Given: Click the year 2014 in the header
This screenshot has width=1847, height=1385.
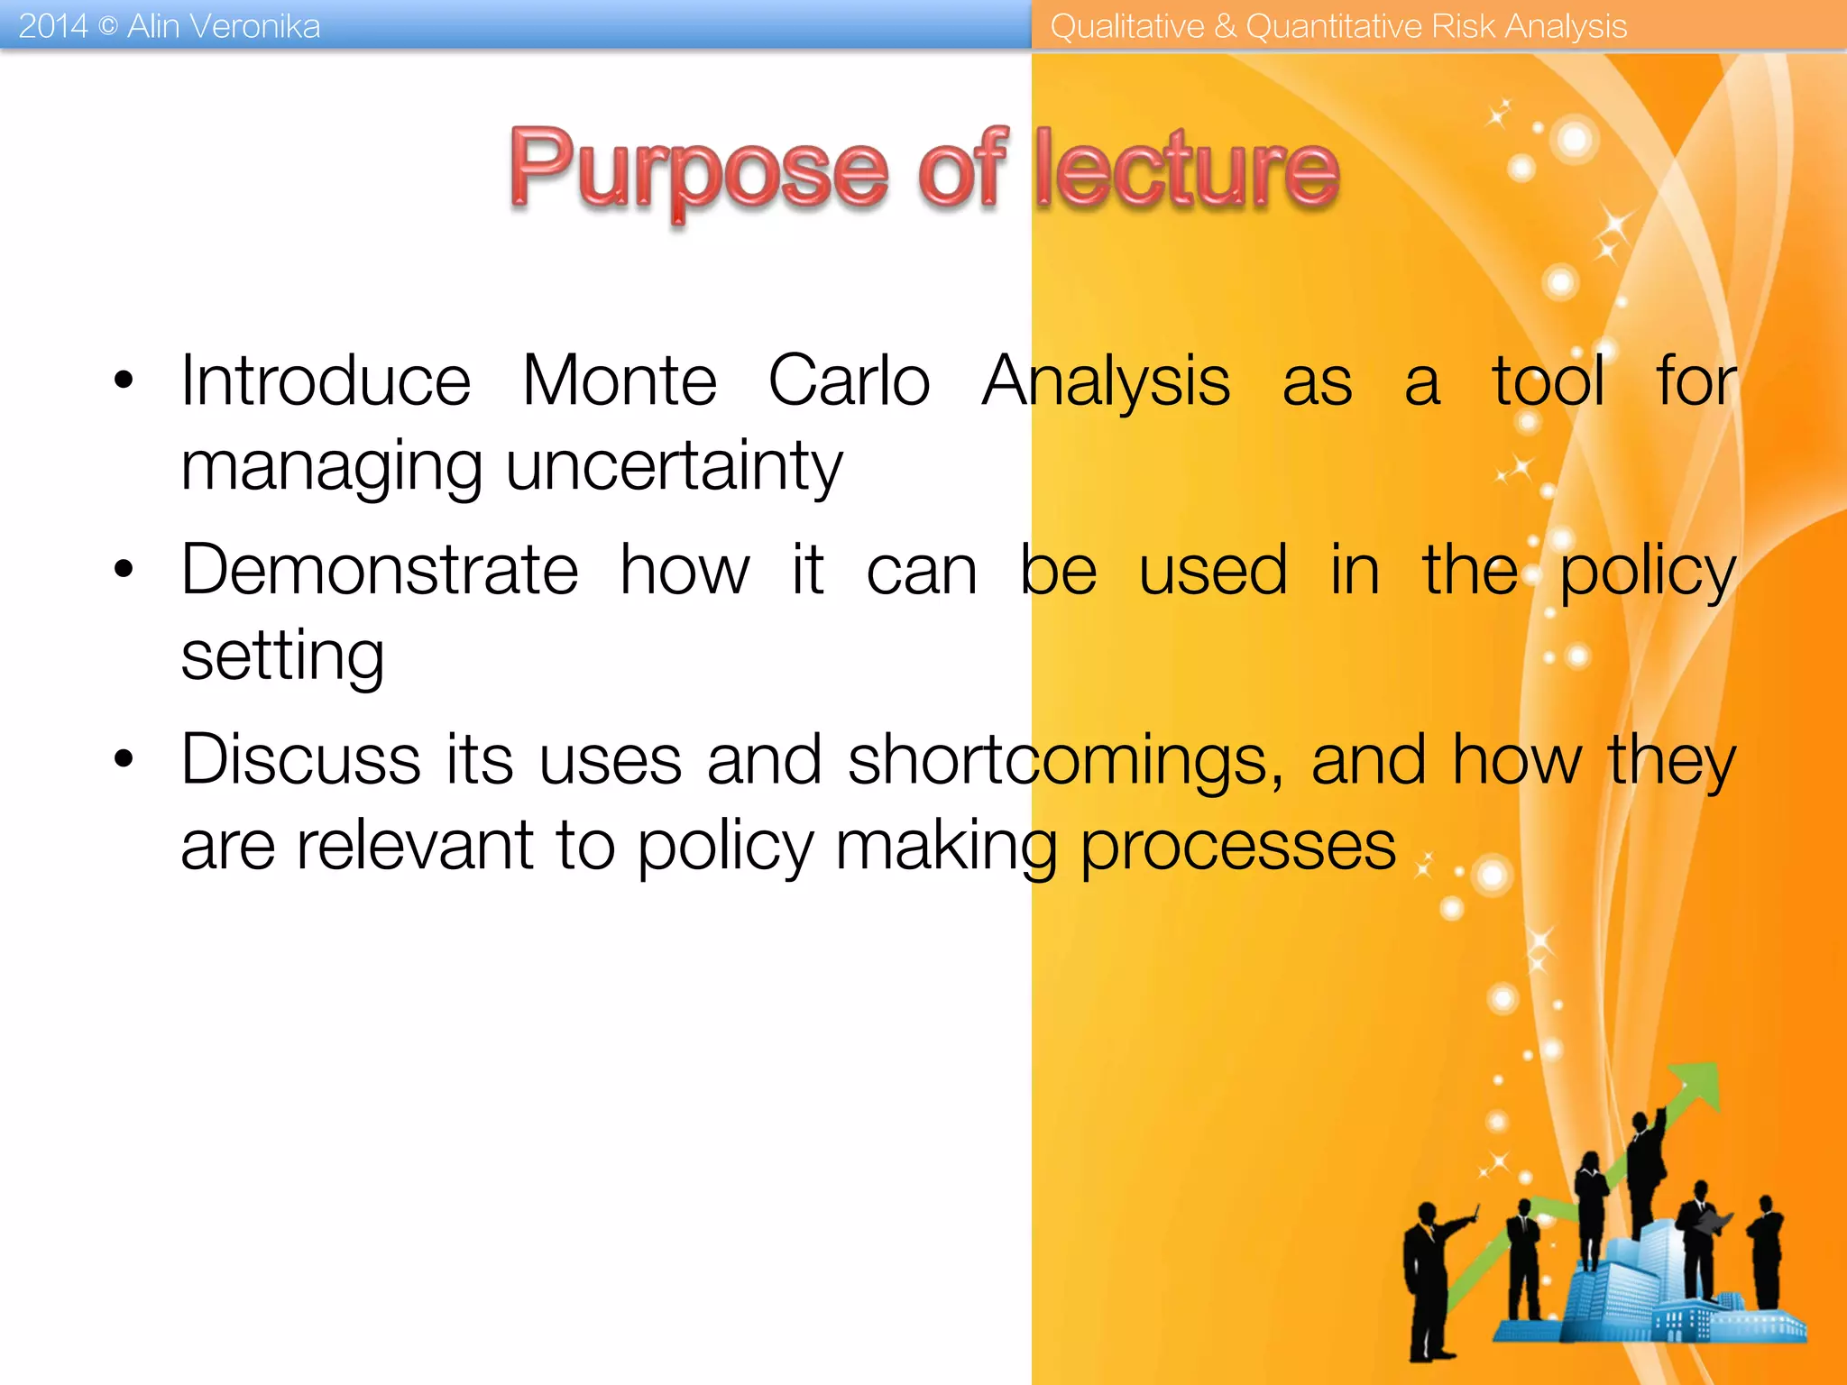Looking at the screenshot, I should coord(52,26).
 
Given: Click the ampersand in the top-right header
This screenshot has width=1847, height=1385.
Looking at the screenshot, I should coord(1225,26).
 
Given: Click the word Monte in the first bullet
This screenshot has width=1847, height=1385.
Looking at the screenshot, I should coord(620,381).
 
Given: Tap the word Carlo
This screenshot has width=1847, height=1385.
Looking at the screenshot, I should coord(849,381).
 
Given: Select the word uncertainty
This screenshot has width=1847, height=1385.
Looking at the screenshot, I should coord(674,467).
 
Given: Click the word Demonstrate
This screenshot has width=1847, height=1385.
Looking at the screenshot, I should coord(380,571).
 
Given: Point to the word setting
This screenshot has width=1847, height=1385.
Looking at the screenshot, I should coord(282,656).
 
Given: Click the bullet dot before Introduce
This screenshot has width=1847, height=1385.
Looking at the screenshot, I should coord(124,381).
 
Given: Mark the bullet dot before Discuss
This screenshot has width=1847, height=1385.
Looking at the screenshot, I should coord(124,760).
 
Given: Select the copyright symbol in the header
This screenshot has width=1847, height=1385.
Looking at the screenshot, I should coord(107,27).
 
